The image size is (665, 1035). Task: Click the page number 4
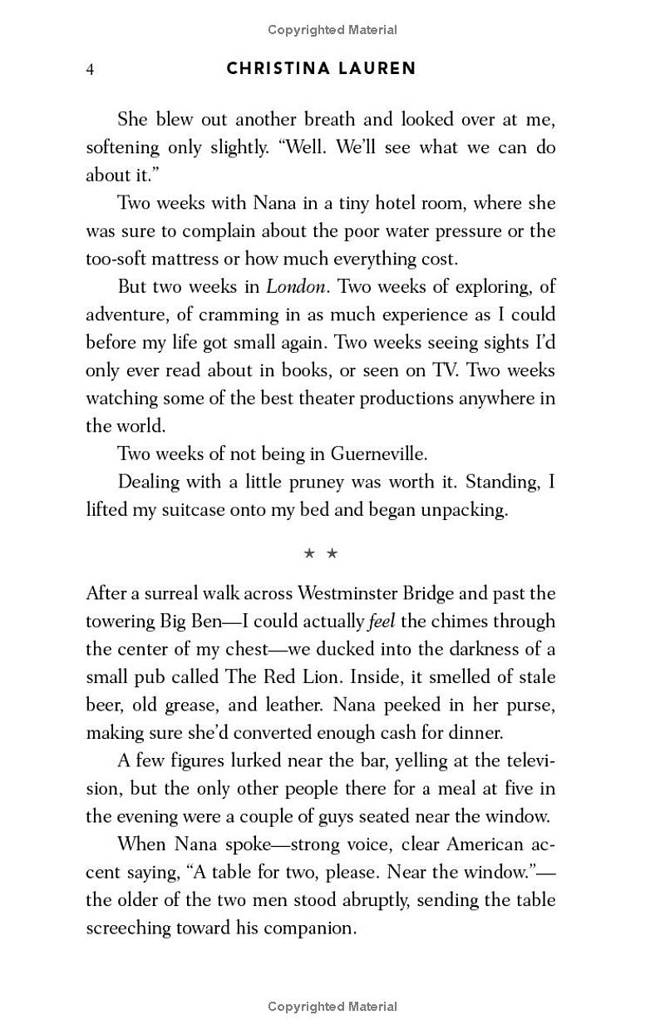(90, 69)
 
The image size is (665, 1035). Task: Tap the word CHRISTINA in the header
(276, 68)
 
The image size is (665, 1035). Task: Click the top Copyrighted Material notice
(332, 30)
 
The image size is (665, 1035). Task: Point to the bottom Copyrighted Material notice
(332, 1007)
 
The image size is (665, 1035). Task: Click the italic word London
(296, 287)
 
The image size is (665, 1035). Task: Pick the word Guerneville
(379, 454)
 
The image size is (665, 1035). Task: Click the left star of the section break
(309, 552)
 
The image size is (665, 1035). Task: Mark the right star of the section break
(332, 552)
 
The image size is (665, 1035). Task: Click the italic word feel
(380, 621)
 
